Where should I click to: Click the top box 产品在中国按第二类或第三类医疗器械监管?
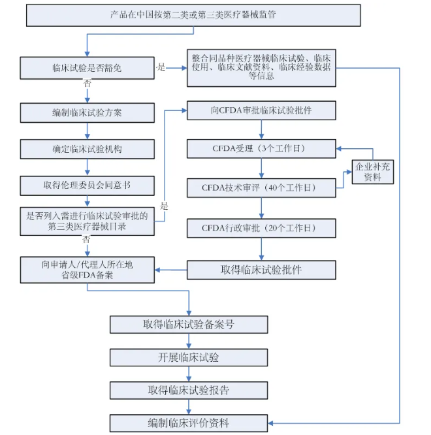pos(193,15)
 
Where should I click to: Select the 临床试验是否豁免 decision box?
pos(87,67)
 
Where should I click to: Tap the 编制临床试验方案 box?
pos(87,112)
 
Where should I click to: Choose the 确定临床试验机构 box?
pos(87,149)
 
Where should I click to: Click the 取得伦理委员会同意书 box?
pos(87,185)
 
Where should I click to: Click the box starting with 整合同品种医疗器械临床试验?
pos(261,67)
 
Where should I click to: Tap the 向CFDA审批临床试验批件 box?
pos(261,110)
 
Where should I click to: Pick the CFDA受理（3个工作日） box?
pos(261,148)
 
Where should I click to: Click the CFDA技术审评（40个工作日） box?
pos(261,188)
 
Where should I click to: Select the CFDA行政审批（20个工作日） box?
pos(261,228)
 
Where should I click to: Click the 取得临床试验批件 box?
pos(261,270)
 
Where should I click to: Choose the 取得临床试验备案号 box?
pos(189,325)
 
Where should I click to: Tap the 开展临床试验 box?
pos(189,357)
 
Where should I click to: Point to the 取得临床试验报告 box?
pos(189,391)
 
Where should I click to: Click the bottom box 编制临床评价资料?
pos(189,423)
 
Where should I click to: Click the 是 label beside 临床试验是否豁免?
pos(161,67)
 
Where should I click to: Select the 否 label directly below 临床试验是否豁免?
pos(87,84)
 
